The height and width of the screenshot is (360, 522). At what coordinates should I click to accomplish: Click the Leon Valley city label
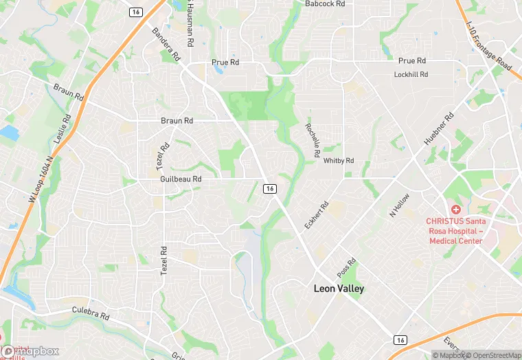pyautogui.click(x=339, y=289)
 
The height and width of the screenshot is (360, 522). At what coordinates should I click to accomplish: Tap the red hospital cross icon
pyautogui.click(x=455, y=209)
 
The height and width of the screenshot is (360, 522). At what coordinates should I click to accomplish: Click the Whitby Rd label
pyautogui.click(x=338, y=161)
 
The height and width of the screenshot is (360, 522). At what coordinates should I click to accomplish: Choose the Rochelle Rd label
pyautogui.click(x=313, y=140)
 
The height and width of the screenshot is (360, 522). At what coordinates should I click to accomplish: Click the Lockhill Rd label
pyautogui.click(x=411, y=74)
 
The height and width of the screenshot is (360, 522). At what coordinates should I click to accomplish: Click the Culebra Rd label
pyautogui.click(x=91, y=315)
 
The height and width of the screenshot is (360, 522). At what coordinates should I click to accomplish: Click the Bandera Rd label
pyautogui.click(x=166, y=45)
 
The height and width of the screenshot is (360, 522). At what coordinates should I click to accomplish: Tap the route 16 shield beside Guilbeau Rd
pyautogui.click(x=270, y=188)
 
